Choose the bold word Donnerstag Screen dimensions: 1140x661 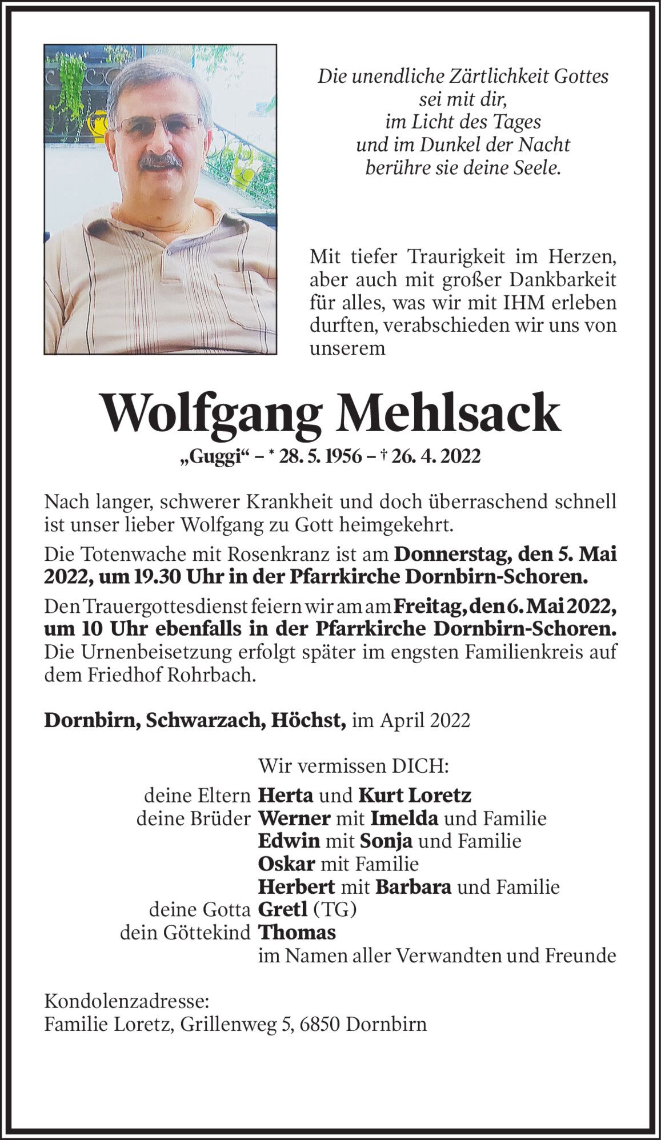click(452, 553)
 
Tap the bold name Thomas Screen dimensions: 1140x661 click(297, 932)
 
